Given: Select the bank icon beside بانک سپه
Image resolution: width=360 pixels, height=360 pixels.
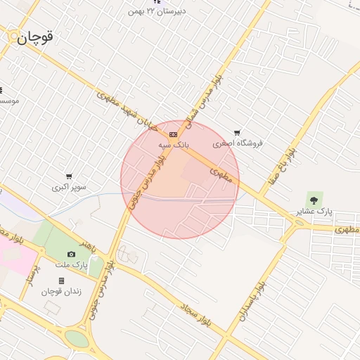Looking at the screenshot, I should (173, 134).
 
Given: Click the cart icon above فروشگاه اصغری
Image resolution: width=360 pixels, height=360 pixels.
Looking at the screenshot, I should (237, 132).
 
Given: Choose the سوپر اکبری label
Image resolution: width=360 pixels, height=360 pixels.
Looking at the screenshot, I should (69, 187).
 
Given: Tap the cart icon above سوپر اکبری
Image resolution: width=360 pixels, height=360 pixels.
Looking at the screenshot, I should (69, 176).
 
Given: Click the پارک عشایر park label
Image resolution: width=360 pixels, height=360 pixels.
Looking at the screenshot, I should (314, 211).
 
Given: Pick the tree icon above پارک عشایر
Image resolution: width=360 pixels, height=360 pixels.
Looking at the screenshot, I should (314, 200).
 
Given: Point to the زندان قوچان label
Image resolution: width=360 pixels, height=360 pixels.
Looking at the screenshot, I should (61, 292).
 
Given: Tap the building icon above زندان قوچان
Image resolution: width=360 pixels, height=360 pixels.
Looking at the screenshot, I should (61, 281).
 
